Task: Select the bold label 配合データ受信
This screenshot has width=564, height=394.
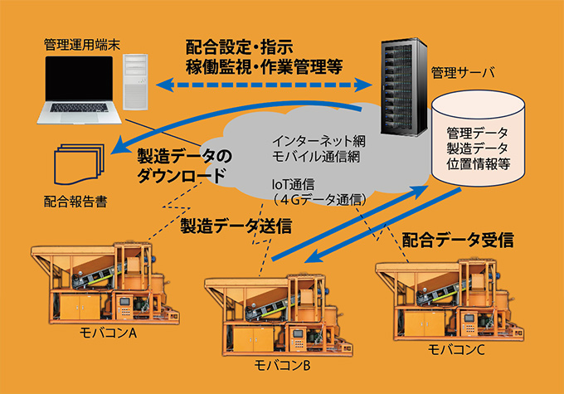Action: [458, 241]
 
